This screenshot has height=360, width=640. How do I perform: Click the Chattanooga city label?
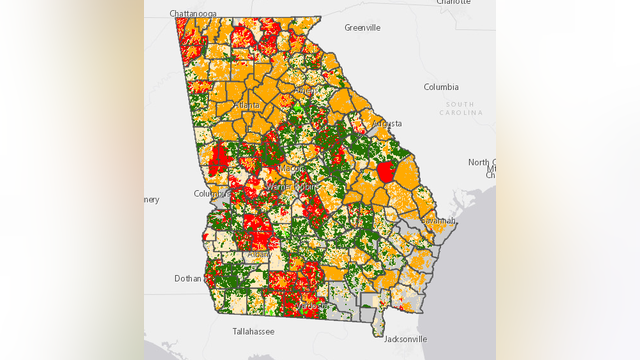click(x=196, y=13)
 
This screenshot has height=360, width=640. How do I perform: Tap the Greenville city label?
click(x=361, y=27)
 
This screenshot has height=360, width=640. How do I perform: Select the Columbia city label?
click(x=441, y=87)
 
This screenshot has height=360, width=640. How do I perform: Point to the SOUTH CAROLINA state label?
click(x=460, y=108)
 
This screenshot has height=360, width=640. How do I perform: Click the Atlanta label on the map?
click(x=246, y=104)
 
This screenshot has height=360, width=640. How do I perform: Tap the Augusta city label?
click(x=387, y=123)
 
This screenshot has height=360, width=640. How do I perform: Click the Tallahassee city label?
click(x=253, y=329)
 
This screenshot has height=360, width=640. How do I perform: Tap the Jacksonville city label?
click(x=404, y=339)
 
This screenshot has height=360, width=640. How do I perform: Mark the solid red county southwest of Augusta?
click(x=385, y=172)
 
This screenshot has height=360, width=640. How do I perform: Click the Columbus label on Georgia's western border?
click(x=211, y=194)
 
